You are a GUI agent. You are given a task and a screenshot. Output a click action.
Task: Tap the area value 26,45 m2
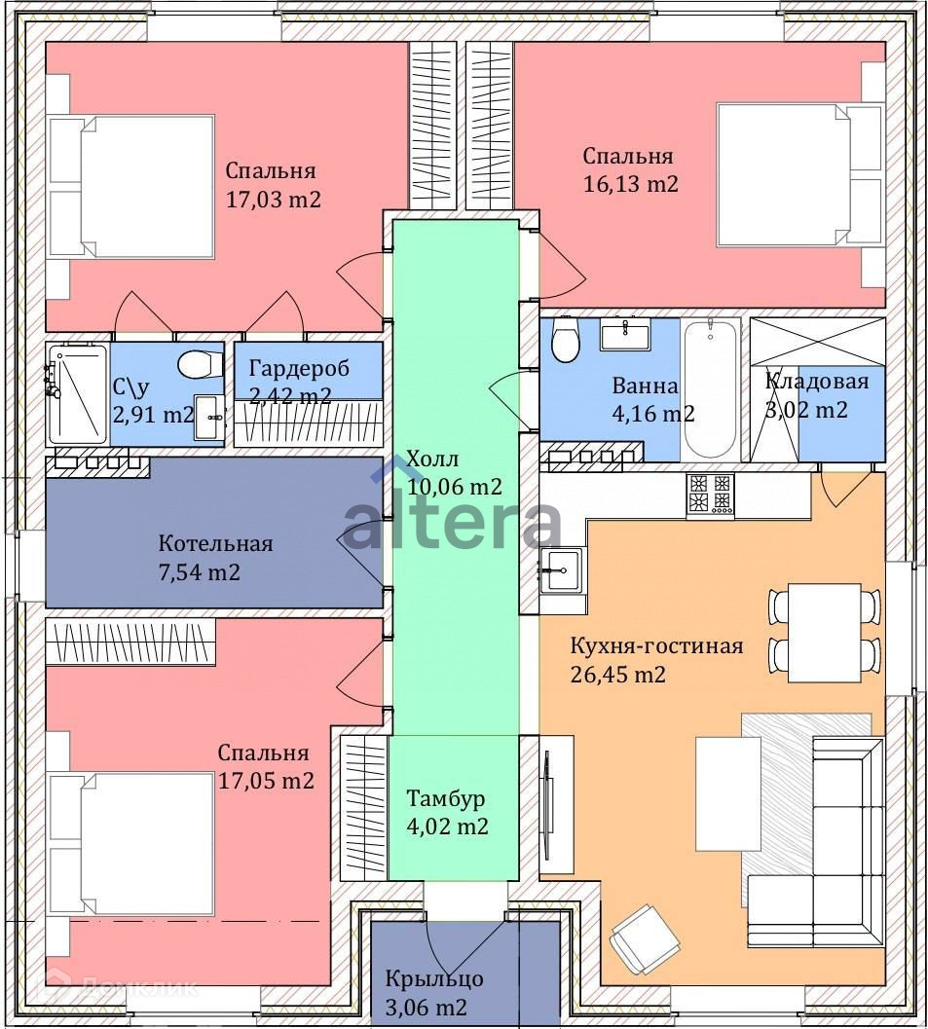point(618,674)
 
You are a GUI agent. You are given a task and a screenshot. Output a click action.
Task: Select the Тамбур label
point(446,799)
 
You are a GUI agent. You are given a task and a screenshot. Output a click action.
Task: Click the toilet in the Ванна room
point(564,340)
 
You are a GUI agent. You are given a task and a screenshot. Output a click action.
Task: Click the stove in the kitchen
point(710,493)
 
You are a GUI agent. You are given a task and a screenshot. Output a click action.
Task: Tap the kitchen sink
point(562,569)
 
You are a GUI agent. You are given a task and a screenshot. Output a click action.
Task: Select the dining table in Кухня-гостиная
point(824,632)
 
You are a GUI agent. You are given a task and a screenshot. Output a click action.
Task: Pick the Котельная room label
point(215,543)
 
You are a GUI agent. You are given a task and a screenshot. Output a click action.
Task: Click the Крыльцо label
point(434,978)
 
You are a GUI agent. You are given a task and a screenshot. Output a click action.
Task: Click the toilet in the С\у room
point(196,365)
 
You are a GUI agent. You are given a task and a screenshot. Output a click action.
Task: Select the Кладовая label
point(816,382)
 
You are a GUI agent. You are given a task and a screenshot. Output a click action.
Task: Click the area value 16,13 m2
point(630,183)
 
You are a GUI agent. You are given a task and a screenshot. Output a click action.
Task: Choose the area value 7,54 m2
point(200,571)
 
